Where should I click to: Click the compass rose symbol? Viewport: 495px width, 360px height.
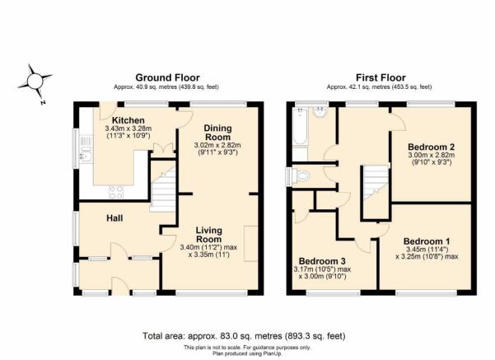click(x=35, y=82)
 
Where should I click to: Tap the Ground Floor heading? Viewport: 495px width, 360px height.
click(x=167, y=77)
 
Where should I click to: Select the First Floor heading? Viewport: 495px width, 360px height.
click(x=381, y=77)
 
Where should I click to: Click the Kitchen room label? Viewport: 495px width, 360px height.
click(x=128, y=120)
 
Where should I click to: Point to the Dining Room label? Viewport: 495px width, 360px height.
click(x=217, y=133)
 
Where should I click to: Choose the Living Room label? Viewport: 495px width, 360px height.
click(x=208, y=235)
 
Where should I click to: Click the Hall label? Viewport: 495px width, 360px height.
click(x=114, y=218)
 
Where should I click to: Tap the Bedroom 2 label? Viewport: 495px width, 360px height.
click(x=432, y=147)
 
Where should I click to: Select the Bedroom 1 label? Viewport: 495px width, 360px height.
click(x=427, y=241)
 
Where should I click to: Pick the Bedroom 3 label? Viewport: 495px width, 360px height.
click(x=322, y=261)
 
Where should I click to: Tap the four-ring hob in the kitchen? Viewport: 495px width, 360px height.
click(x=116, y=192)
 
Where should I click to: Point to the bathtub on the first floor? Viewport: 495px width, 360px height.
click(x=300, y=126)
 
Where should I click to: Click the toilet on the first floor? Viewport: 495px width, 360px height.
click(x=301, y=175)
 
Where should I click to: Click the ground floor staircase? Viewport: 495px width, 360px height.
click(x=162, y=189)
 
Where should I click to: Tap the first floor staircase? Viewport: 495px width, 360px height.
click(x=376, y=183)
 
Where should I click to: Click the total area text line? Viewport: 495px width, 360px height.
click(x=244, y=335)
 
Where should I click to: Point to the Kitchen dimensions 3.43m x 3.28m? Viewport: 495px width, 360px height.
click(x=128, y=129)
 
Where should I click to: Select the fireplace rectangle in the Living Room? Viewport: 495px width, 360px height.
click(x=250, y=244)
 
